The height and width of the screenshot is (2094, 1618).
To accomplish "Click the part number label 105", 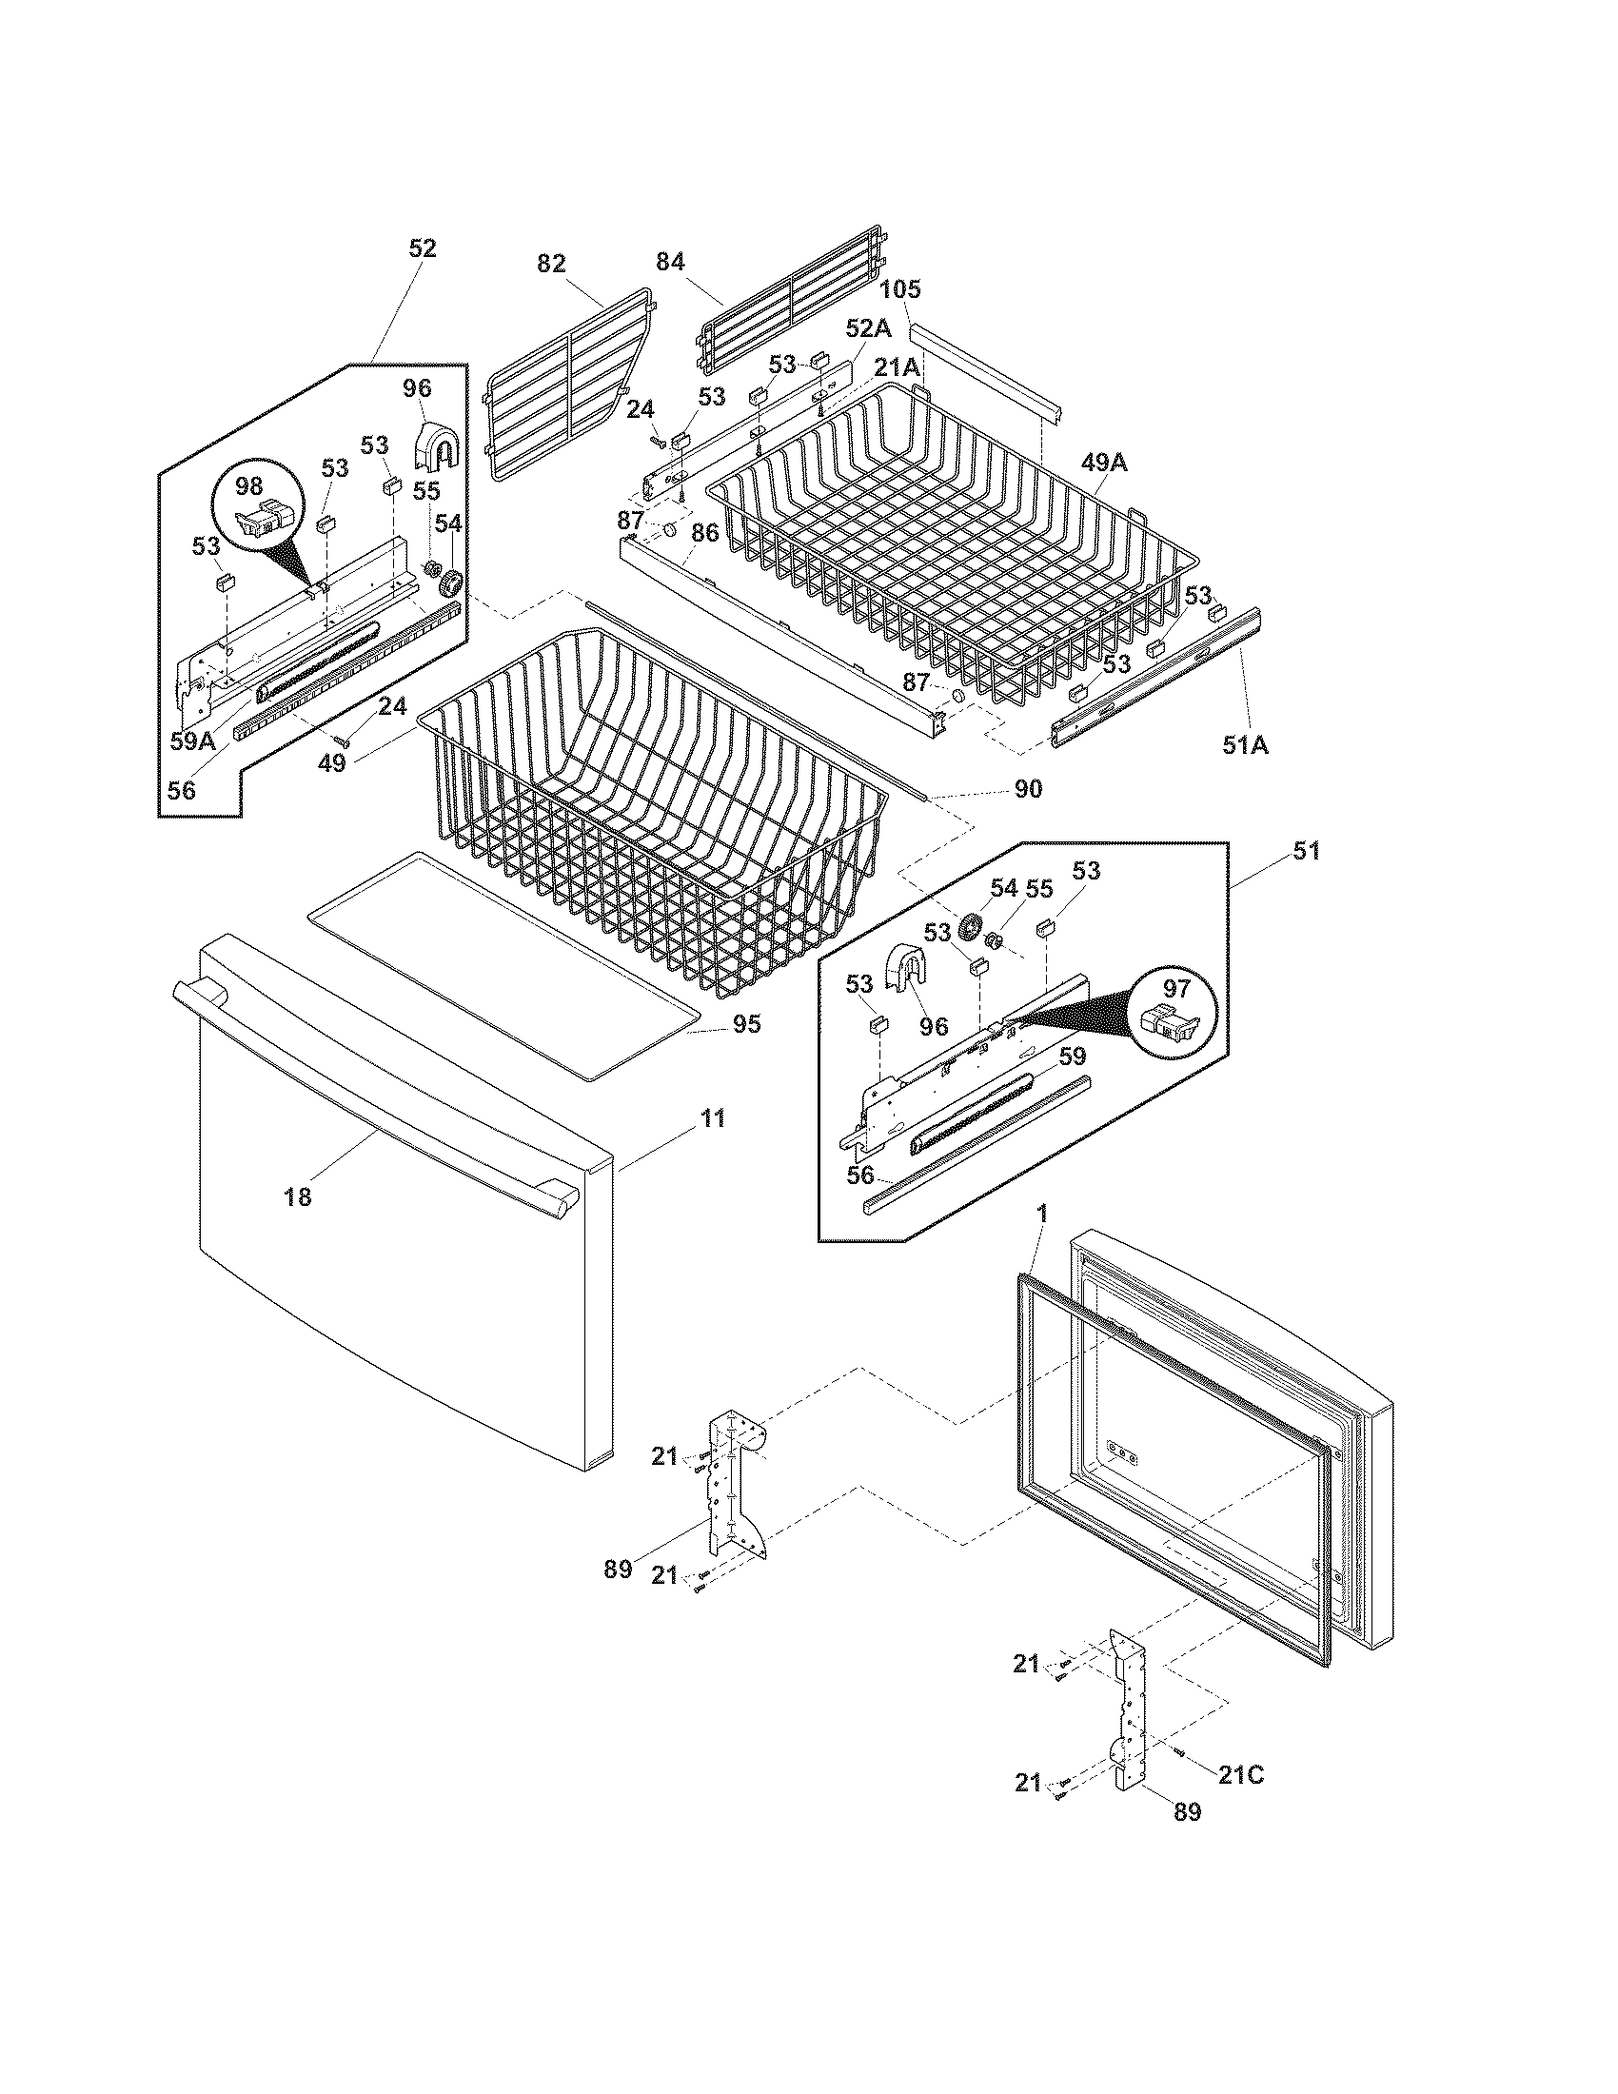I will pos(899,288).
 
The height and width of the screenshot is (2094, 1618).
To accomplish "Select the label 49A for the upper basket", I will pos(1105,463).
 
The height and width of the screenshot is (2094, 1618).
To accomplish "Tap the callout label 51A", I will pos(1244,743).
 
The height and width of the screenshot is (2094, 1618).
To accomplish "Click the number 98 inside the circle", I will pos(249,485).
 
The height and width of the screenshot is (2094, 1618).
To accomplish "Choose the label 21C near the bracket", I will pos(1241,1775).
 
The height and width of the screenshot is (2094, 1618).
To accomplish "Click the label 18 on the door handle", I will pos(298,1196).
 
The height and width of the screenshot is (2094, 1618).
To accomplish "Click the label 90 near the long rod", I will pos(1027,789).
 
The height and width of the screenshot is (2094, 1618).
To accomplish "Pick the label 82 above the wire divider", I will pos(551,263).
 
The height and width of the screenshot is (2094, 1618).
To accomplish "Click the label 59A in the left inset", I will pos(192,741).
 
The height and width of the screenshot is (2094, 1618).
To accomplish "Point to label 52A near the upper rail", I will pos(867,328).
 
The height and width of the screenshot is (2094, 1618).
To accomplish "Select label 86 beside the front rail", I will pos(705,533).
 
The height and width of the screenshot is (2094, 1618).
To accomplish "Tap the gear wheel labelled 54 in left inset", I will pos(448,582).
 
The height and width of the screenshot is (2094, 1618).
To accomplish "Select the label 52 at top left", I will pos(423,248).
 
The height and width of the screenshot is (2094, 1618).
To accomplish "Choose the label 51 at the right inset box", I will pos(1307,849).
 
